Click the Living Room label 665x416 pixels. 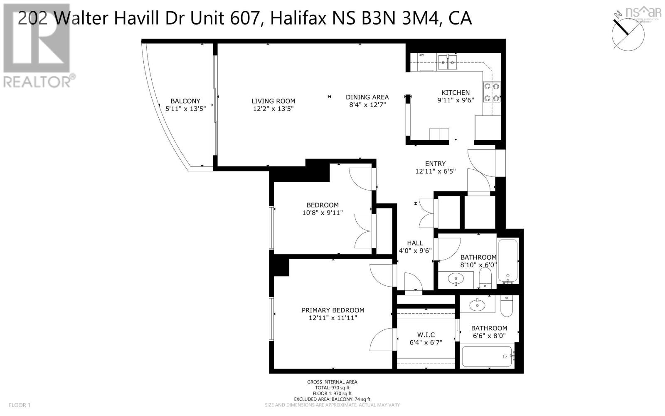(273, 101)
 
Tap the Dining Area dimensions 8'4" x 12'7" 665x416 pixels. (367, 105)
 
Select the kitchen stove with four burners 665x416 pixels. (492, 92)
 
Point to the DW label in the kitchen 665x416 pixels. (421, 55)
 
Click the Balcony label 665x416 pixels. (185, 101)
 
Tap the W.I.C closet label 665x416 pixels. (426, 335)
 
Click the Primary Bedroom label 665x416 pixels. (333, 310)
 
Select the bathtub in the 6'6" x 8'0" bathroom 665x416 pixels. (488, 357)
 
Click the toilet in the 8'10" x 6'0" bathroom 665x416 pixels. (485, 277)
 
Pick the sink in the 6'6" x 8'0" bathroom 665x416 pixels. (477, 305)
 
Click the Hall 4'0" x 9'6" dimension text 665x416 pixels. (415, 251)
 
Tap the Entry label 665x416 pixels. (435, 163)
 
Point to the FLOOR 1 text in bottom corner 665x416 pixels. (20, 405)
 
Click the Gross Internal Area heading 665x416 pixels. (332, 382)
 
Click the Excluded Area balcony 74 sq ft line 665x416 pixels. (332, 399)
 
